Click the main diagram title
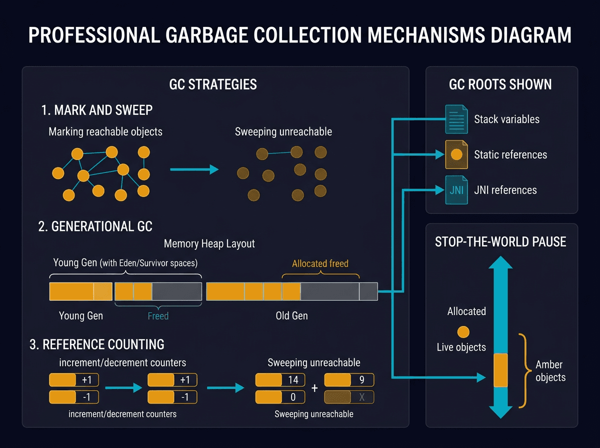pyautogui.click(x=300, y=36)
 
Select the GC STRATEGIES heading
pyautogui.click(x=213, y=84)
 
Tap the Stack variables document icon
pyautogui.click(x=455, y=119)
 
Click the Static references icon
pyautogui.click(x=455, y=155)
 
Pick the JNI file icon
pyautogui.click(x=455, y=190)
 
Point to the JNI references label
pyautogui.click(x=505, y=190)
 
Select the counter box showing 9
pyautogui.click(x=348, y=380)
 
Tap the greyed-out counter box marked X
pyautogui.click(x=348, y=397)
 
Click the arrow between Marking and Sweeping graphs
pyautogui.click(x=194, y=170)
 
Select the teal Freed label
pyautogui.click(x=158, y=316)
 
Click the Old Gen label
pyautogui.click(x=291, y=316)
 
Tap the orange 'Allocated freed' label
pyautogui.click(x=320, y=263)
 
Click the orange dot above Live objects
pyautogui.click(x=463, y=331)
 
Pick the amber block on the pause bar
pyautogui.click(x=500, y=370)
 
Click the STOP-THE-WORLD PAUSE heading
pyautogui.click(x=500, y=242)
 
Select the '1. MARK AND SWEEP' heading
pyautogui.click(x=97, y=110)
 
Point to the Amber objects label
pyautogui.click(x=550, y=370)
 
